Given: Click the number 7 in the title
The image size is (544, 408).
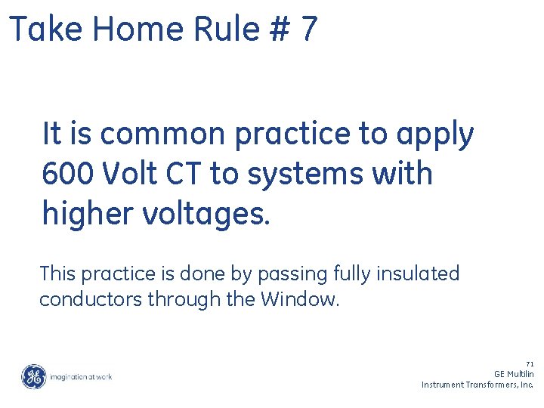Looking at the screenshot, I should click(308, 30).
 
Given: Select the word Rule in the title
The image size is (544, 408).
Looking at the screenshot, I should click(217, 30).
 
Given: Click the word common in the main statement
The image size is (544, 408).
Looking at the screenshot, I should click(162, 134).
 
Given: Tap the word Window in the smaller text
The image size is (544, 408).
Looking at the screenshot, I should click(299, 299).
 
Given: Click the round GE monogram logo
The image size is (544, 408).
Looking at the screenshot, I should click(33, 376).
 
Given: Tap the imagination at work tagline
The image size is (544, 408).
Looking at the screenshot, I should click(80, 376).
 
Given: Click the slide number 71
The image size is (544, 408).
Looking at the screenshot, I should click(530, 364).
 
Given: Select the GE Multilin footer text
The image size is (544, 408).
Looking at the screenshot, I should click(514, 374).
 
